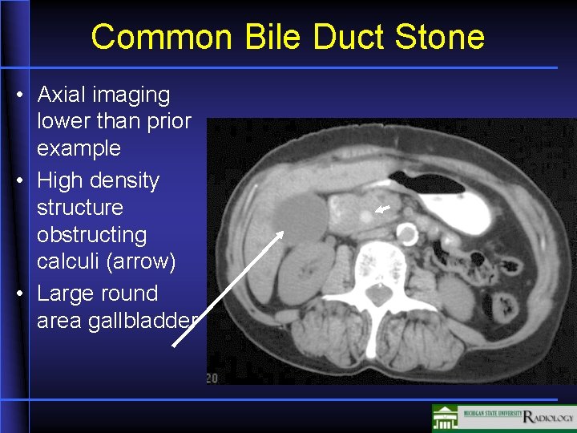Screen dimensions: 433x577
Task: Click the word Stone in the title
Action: coord(444,37)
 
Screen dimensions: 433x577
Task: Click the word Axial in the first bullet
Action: coord(62,95)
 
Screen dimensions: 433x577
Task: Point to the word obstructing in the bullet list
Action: coord(92,235)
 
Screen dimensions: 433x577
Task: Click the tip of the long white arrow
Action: coord(282,233)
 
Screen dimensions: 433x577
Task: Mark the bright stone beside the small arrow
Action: coord(366,214)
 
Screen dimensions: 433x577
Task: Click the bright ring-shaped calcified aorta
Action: coord(407,235)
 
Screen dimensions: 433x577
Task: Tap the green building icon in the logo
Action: coord(446,417)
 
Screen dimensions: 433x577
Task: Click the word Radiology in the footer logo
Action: coord(549,417)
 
